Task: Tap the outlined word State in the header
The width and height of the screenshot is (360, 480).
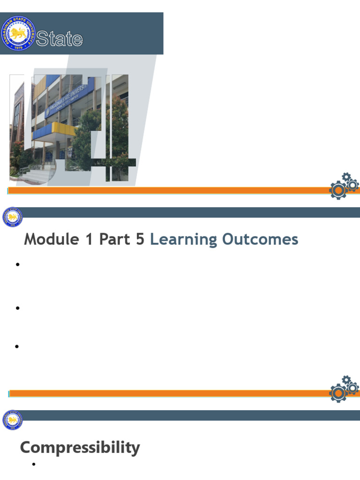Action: click(60, 39)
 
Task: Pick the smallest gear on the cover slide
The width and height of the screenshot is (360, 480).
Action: click(346, 177)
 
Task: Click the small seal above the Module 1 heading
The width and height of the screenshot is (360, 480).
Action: click(13, 217)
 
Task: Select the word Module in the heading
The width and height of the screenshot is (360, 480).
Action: click(52, 240)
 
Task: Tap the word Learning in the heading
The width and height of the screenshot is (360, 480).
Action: click(184, 240)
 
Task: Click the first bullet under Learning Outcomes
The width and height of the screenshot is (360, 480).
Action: click(18, 265)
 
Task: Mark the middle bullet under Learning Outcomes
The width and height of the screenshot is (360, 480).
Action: click(18, 308)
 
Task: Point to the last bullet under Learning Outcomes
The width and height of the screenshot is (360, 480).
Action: click(18, 346)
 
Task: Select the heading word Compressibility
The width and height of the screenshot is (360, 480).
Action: click(80, 448)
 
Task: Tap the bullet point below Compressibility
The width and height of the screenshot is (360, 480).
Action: click(34, 465)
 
